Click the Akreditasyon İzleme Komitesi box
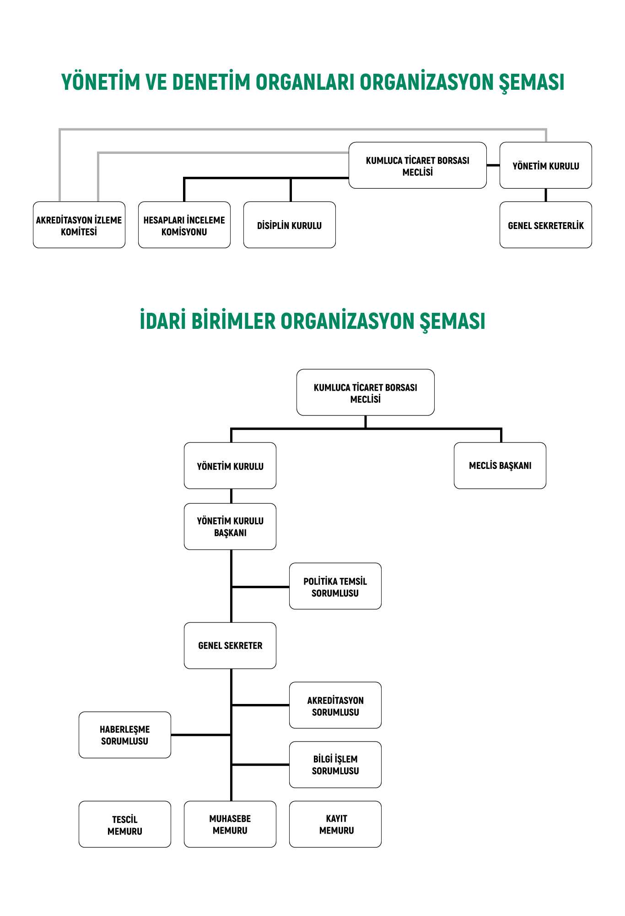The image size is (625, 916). (x=79, y=225)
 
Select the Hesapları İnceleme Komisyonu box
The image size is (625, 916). (x=184, y=225)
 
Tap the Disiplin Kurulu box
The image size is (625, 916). (x=290, y=225)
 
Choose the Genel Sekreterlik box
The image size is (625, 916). (x=546, y=225)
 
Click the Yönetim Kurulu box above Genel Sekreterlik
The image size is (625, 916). (x=546, y=165)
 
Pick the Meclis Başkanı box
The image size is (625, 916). (x=500, y=466)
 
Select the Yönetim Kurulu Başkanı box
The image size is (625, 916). (x=230, y=527)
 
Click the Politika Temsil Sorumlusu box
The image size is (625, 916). (x=335, y=586)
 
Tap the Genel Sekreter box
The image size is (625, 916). (x=230, y=646)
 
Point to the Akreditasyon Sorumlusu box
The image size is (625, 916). (x=335, y=705)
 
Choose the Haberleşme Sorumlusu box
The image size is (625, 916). (x=125, y=735)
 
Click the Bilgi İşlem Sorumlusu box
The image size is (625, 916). (x=335, y=765)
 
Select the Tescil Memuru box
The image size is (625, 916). (x=125, y=824)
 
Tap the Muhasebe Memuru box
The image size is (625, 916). (x=230, y=824)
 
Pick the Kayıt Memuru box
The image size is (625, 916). (x=335, y=824)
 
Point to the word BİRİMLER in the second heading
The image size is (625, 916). (x=233, y=321)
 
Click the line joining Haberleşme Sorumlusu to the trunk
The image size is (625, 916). (x=201, y=735)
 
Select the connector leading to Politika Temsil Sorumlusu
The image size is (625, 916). (x=260, y=587)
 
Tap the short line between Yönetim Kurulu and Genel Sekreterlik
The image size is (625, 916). (x=546, y=195)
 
